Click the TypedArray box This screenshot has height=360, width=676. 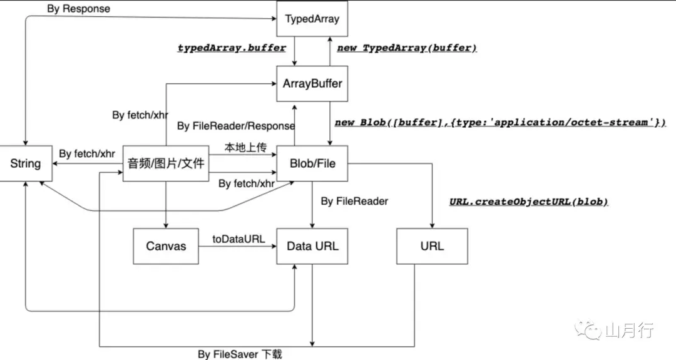tap(312, 19)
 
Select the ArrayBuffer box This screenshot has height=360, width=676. tap(312, 83)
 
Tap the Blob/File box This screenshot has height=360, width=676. tap(312, 164)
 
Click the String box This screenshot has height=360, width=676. tap(25, 164)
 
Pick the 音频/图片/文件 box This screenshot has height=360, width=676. tap(166, 164)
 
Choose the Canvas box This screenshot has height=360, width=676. tap(166, 246)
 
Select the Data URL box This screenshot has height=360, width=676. tap(312, 246)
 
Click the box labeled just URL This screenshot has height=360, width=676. tap(432, 246)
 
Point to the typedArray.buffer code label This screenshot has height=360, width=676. tap(232, 48)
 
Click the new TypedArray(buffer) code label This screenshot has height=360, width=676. tap(407, 48)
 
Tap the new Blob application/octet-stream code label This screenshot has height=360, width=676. tap(500, 123)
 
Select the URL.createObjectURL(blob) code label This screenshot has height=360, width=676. tap(529, 202)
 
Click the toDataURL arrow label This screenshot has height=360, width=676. tap(238, 238)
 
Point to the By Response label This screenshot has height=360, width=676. tap(78, 9)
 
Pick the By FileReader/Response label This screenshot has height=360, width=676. tap(236, 126)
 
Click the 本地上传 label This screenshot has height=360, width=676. tap(246, 148)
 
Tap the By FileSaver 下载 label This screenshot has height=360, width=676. tap(240, 354)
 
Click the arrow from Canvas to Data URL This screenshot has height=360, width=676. tap(238, 246)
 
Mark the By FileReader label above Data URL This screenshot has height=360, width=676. tap(354, 201)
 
